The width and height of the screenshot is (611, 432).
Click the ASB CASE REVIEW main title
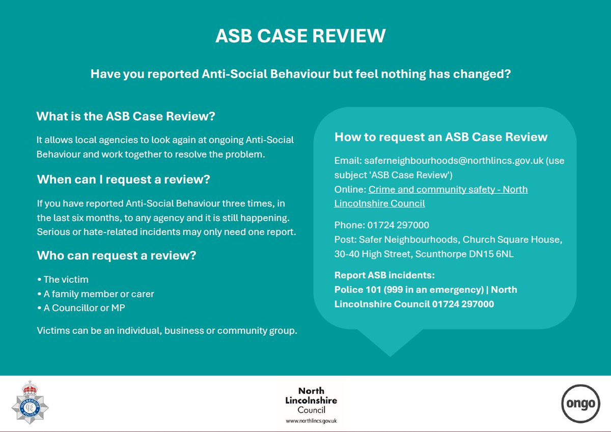[x=300, y=36]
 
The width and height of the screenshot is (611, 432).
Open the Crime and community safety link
[x=431, y=196]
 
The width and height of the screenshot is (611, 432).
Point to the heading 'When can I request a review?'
[x=124, y=179]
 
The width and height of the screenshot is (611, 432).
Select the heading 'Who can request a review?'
[x=117, y=255]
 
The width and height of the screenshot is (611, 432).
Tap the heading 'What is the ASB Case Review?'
[x=126, y=116]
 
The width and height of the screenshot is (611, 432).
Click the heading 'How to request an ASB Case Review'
[x=440, y=137]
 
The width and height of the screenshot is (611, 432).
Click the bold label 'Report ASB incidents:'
[x=384, y=276]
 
